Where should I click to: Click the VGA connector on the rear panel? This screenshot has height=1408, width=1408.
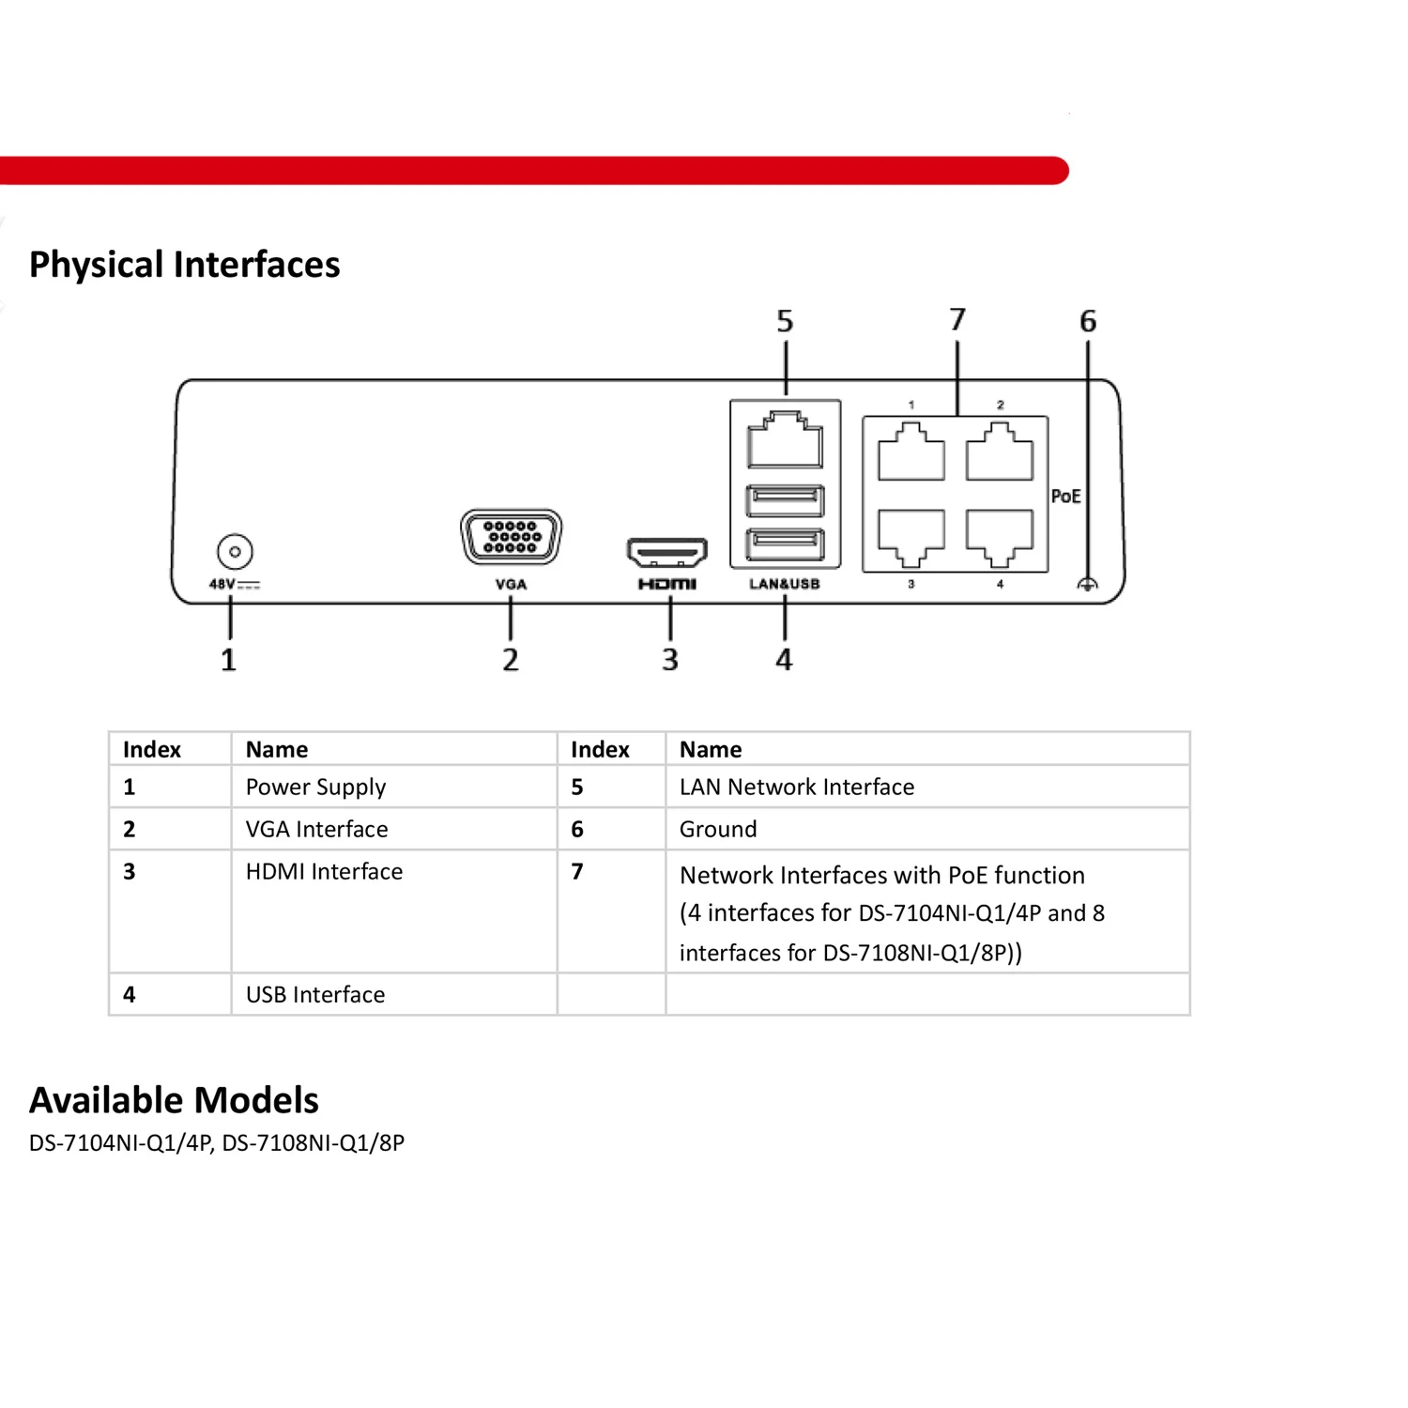coord(512,537)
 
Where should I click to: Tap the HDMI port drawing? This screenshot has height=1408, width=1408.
coord(666,553)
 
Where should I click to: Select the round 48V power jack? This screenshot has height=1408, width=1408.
coord(235,551)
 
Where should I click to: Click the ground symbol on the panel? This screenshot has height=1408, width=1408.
coord(1087,584)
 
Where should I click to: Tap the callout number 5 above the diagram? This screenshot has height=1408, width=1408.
coord(785,322)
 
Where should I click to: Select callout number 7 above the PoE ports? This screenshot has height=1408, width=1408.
coord(957,320)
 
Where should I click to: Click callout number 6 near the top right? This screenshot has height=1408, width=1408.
coord(1088,322)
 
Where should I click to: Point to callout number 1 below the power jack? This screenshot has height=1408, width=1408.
coord(228,660)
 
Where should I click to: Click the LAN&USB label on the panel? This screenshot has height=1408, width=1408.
coord(785,584)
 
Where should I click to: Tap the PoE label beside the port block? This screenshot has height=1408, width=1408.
coord(1066,497)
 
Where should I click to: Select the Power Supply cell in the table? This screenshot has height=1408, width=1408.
coord(315,787)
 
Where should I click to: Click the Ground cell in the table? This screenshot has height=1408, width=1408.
coord(718,829)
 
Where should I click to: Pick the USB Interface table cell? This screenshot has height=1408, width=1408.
coord(315,994)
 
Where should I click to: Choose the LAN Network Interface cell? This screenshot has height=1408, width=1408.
coord(796,787)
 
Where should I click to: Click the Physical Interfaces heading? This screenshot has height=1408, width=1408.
coord(185,265)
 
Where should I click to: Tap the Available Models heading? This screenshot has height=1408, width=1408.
coord(175,1100)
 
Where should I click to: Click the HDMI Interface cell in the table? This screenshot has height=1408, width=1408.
coord(324,872)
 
